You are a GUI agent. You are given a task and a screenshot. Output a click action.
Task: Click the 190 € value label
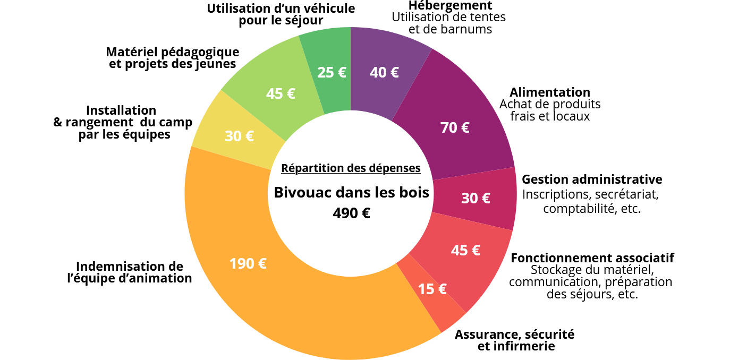click(x=248, y=263)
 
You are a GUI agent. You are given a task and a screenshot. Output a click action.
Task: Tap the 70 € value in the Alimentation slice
click(x=455, y=127)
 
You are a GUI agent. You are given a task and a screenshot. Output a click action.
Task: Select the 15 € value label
click(x=432, y=289)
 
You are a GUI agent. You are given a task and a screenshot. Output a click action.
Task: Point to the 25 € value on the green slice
click(x=332, y=72)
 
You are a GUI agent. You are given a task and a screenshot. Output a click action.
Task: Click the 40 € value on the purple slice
click(x=384, y=72)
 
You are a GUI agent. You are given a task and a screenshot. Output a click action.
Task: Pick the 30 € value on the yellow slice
click(x=239, y=136)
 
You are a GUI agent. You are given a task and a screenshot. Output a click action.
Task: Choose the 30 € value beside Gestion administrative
click(x=476, y=198)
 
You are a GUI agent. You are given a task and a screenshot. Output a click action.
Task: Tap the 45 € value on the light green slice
click(x=281, y=93)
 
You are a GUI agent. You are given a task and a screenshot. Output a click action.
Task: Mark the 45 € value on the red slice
click(x=465, y=250)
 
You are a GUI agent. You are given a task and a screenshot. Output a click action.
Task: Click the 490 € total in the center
click(x=351, y=213)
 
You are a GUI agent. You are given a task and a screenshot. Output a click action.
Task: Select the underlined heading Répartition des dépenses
click(x=351, y=168)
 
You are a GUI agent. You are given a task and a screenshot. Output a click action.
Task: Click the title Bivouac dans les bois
click(x=351, y=192)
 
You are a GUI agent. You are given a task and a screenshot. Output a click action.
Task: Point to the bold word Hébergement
click(x=450, y=6)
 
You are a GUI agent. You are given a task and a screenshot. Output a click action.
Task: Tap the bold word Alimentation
click(x=550, y=92)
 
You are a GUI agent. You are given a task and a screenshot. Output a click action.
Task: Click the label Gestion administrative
click(x=592, y=179)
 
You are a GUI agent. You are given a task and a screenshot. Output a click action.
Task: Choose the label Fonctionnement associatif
click(x=592, y=258)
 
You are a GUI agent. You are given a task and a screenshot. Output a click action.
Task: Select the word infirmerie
click(x=524, y=347)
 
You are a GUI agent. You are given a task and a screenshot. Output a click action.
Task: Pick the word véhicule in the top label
click(x=329, y=8)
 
